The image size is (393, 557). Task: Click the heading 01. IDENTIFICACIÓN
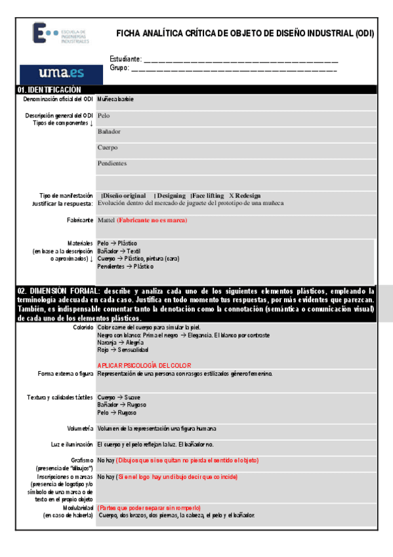(50, 89)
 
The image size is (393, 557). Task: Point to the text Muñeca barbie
(115, 99)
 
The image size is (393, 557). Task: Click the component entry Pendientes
(112, 163)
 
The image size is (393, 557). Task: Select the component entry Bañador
(109, 131)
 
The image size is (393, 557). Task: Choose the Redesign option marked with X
(245, 196)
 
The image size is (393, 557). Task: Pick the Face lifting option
(207, 196)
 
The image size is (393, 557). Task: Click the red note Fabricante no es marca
(152, 220)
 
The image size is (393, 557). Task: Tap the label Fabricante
(79, 220)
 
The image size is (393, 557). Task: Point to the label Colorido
(83, 326)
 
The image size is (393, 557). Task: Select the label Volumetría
(80, 428)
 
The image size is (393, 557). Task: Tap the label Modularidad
(77, 508)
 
